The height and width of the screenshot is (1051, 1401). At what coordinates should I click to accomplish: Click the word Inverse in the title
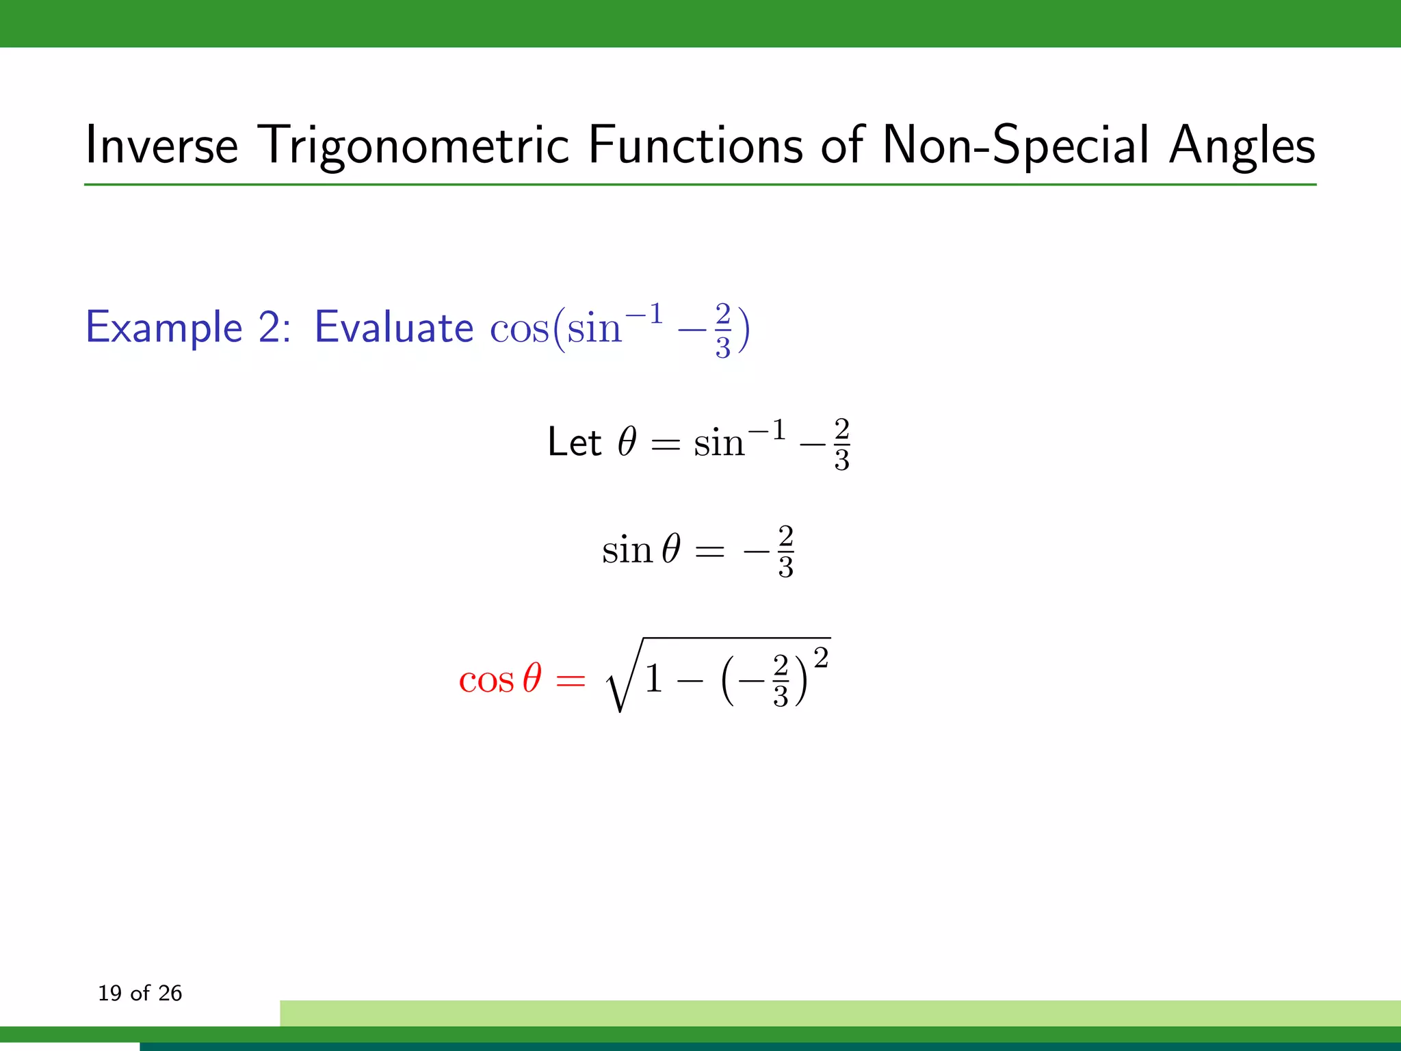click(x=161, y=145)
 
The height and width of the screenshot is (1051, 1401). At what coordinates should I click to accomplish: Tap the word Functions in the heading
click(x=695, y=145)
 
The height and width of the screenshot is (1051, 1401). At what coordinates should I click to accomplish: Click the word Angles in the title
click(x=1242, y=145)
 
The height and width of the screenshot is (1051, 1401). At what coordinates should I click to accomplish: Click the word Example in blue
click(x=164, y=328)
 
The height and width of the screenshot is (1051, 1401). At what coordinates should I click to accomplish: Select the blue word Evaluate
click(x=393, y=327)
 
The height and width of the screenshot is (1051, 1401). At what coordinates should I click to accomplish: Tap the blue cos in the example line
click(x=519, y=329)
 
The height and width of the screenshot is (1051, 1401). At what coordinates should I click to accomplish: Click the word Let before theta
click(x=574, y=442)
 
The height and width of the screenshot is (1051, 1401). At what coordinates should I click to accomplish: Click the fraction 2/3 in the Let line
click(x=841, y=445)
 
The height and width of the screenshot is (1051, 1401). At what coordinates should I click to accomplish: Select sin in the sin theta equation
click(x=627, y=551)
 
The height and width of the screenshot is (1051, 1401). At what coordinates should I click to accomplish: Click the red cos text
click(x=486, y=681)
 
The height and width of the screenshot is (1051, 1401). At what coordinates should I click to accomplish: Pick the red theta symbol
click(x=532, y=679)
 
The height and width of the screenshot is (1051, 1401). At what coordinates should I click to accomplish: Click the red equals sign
click(x=571, y=681)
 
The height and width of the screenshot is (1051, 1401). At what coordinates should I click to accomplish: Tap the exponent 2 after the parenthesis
click(x=821, y=658)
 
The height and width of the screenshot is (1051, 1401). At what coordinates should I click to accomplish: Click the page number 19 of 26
click(x=140, y=993)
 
